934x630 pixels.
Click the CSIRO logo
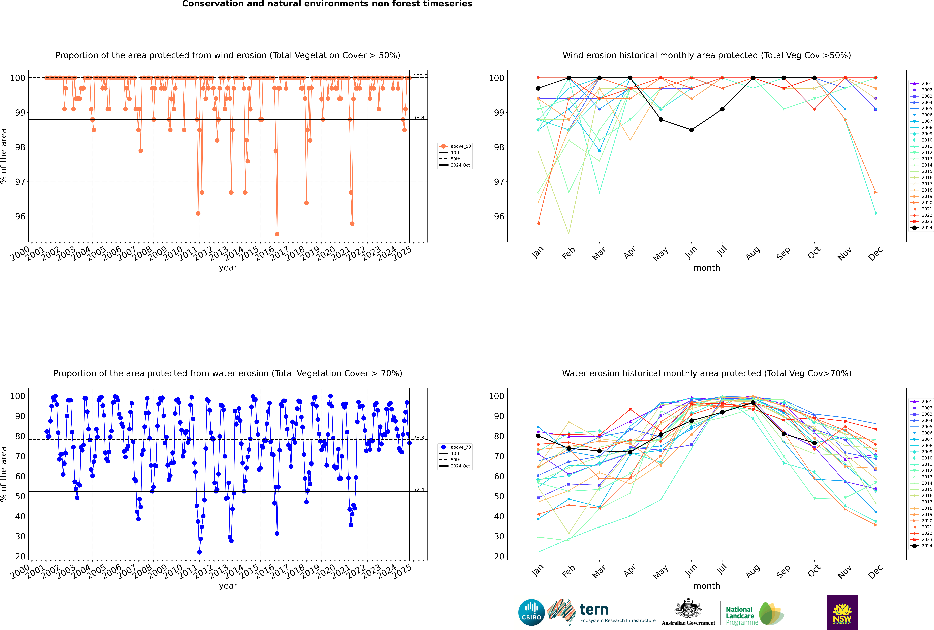coord(531,612)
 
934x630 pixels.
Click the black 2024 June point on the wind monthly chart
coord(691,130)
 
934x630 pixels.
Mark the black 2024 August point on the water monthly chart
coord(753,403)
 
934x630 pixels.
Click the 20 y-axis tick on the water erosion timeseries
coord(20,557)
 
